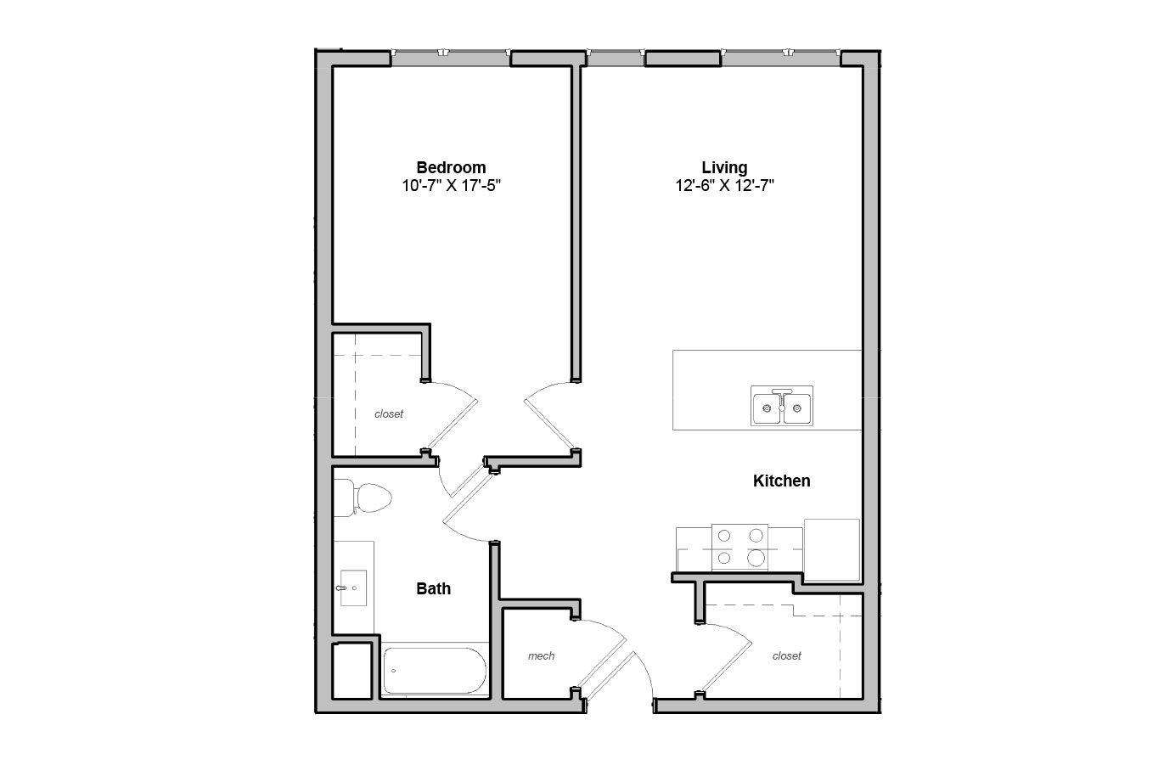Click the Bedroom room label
pos(451,167)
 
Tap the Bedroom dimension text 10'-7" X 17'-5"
pos(451,186)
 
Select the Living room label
pos(724,167)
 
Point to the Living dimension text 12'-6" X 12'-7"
pos(724,186)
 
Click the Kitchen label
pos(782,481)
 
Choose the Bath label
pos(433,588)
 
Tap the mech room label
pos(541,656)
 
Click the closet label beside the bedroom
pos(389,413)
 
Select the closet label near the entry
pos(787,656)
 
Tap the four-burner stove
pos(739,547)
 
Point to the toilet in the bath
pos(363,498)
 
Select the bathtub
pos(435,671)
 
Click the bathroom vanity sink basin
pos(353,588)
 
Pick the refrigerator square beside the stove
pos(831,549)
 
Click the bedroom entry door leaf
pos(550,425)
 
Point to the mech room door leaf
pos(602,664)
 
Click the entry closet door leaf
pos(726,668)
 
